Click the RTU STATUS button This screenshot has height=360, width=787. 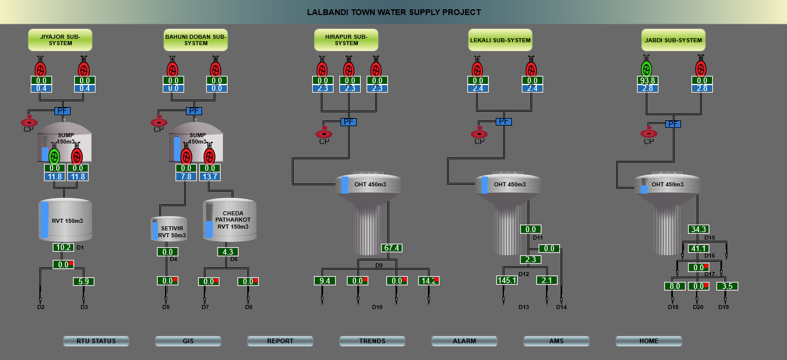tap(96, 341)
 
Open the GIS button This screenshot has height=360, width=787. tap(188, 341)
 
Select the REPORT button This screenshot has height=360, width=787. tap(280, 341)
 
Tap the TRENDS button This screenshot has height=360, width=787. tap(372, 341)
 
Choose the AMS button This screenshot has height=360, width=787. tap(557, 341)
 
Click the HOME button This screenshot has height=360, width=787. tap(649, 341)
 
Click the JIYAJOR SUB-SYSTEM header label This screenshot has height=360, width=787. tap(60, 40)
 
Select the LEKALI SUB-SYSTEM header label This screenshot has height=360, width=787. tap(500, 40)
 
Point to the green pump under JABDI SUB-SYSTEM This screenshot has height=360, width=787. tap(647, 68)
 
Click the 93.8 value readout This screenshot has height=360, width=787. tap(647, 80)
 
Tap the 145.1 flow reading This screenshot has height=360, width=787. tap(507, 280)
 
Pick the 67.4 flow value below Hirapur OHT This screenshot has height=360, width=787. tap(392, 248)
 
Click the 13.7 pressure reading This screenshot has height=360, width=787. tap(210, 176)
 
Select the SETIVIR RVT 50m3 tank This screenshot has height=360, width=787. tap(169, 229)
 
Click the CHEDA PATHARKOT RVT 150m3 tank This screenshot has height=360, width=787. tap(230, 220)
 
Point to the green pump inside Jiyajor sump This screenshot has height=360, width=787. tap(54, 155)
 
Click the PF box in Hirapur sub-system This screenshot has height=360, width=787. tap(349, 122)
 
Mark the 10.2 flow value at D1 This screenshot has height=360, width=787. tap(63, 247)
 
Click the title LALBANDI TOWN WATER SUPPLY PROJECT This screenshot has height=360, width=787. tap(394, 12)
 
